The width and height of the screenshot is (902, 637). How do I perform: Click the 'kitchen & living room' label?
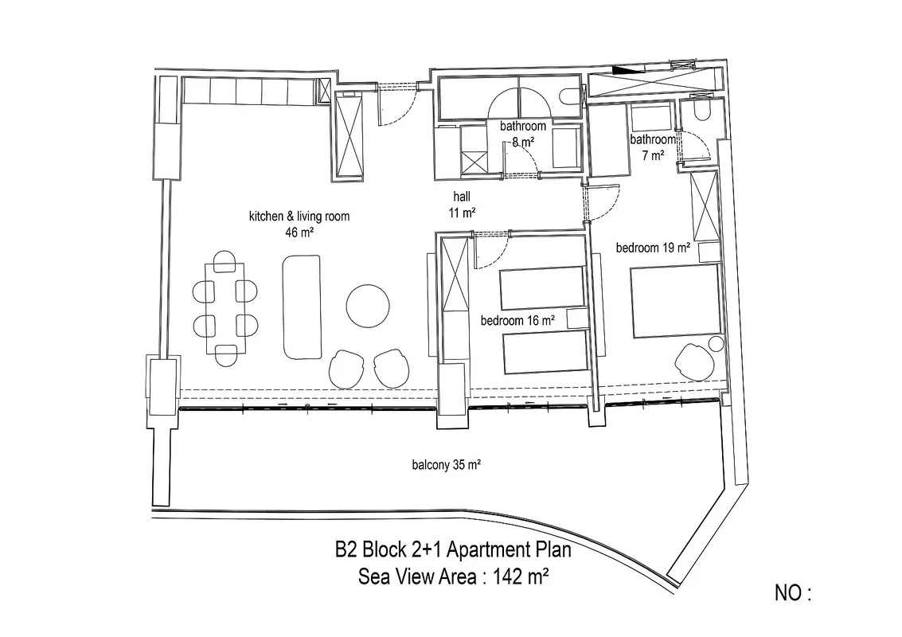tap(299, 217)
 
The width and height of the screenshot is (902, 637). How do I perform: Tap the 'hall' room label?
tap(462, 197)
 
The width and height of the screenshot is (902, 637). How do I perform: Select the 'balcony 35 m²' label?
tap(447, 464)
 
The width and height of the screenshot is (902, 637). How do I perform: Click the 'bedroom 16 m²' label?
tap(517, 321)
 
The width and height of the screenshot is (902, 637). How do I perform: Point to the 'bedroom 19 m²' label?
tap(653, 248)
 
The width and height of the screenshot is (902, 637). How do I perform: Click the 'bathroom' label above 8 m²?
tap(523, 126)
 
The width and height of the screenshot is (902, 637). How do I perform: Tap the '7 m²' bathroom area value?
tap(654, 154)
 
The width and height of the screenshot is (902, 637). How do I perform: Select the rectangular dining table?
tap(225, 308)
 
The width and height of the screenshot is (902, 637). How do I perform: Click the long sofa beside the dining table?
tap(302, 307)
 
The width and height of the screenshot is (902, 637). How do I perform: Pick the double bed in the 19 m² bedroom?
tap(675, 301)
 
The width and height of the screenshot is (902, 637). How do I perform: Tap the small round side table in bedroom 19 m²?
tap(716, 344)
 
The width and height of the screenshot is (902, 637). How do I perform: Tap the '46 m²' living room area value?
tap(299, 233)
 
